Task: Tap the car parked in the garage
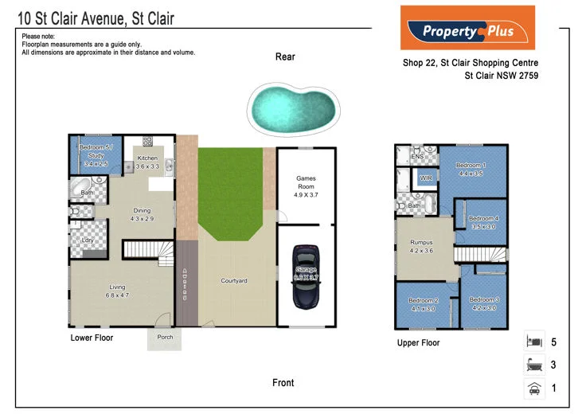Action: coord(306,275)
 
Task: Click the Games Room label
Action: coord(307,178)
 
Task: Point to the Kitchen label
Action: coord(147,158)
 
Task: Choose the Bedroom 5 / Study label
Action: coord(96,149)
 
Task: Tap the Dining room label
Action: coord(142,211)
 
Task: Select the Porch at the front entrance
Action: coord(164,337)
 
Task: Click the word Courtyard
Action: coord(234,281)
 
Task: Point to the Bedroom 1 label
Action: coord(471,166)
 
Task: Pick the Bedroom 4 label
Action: coord(483,219)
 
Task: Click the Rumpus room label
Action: coord(422,242)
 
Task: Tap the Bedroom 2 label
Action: coord(423,300)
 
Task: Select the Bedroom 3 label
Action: coord(485,299)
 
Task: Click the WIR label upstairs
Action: coord(426,178)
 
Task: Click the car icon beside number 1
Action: coord(533,389)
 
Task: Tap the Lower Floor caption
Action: coord(92,338)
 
